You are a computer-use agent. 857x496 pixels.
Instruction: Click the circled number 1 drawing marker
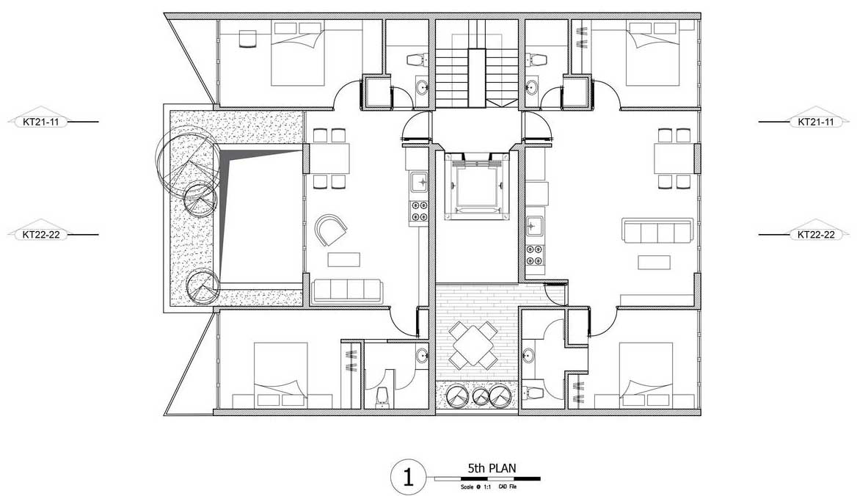point(408,477)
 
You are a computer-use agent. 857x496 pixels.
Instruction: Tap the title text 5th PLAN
point(492,468)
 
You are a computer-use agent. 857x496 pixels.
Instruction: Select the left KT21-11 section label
point(41,122)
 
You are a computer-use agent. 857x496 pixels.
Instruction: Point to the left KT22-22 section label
point(41,235)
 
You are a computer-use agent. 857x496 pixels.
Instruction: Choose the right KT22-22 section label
point(816,235)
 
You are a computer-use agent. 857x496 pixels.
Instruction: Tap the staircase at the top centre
point(476,65)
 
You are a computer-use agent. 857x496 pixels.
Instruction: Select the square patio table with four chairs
point(473,346)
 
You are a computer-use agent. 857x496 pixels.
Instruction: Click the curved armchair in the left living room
point(332,230)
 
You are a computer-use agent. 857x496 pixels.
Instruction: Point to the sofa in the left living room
point(347,290)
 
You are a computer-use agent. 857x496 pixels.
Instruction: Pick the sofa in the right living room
point(657,230)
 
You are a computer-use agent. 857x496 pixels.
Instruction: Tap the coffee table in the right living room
point(654,262)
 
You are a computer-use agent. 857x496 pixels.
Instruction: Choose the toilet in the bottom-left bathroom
point(382,397)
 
